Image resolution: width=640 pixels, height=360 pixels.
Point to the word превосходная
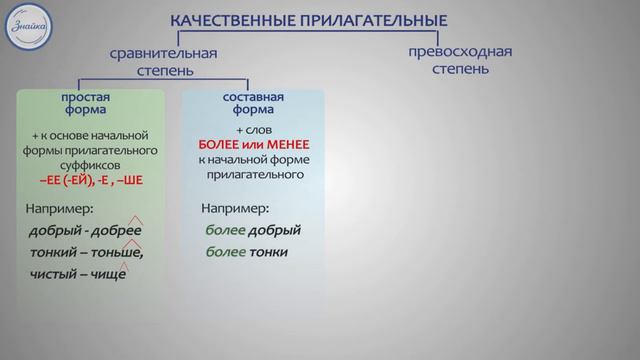(460, 51)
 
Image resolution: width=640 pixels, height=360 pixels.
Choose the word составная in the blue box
(253, 97)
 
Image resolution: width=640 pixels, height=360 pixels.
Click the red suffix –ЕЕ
(59, 180)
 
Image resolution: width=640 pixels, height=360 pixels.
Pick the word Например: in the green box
(63, 209)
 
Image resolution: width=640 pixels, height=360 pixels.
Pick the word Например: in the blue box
(235, 209)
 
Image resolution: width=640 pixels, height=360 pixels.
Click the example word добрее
(114, 231)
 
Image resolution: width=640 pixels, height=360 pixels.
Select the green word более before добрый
(225, 231)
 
